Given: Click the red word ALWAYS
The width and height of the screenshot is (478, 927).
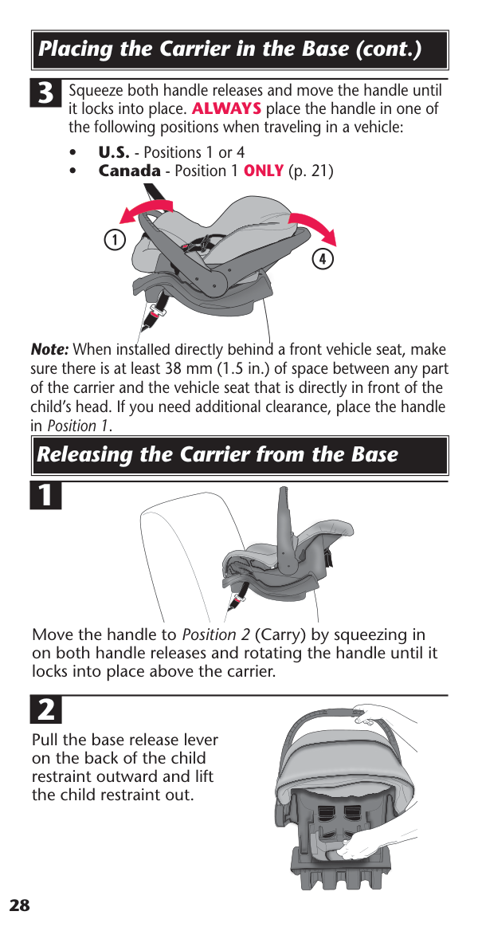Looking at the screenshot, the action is click(227, 109).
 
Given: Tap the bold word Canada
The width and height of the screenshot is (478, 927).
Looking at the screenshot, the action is click(129, 171).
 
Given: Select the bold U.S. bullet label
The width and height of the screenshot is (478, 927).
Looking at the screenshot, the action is click(113, 152).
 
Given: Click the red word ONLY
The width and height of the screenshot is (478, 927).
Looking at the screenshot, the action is click(264, 171).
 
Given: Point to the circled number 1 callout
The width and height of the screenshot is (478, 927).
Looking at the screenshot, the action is click(116, 240).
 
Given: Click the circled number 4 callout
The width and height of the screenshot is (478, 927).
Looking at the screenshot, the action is click(323, 259).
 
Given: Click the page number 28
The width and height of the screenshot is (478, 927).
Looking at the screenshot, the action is click(19, 905).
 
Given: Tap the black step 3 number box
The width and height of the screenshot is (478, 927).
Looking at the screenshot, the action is click(46, 94).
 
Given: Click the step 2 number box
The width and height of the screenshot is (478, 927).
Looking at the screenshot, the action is click(46, 710).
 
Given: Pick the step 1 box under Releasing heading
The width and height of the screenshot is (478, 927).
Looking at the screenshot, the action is click(46, 496).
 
